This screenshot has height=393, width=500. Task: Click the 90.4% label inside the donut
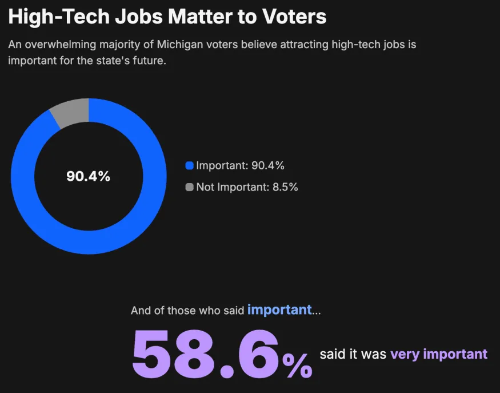88,176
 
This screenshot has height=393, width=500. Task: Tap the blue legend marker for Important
190,166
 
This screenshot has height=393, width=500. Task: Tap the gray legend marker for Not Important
190,187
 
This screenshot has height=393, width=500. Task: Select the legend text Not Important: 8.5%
247,187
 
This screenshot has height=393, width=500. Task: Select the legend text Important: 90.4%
240,166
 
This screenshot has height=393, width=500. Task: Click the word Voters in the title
290,17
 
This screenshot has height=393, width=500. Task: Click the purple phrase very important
439,354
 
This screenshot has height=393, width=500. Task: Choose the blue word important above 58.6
279,310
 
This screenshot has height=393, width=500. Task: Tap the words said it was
353,354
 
